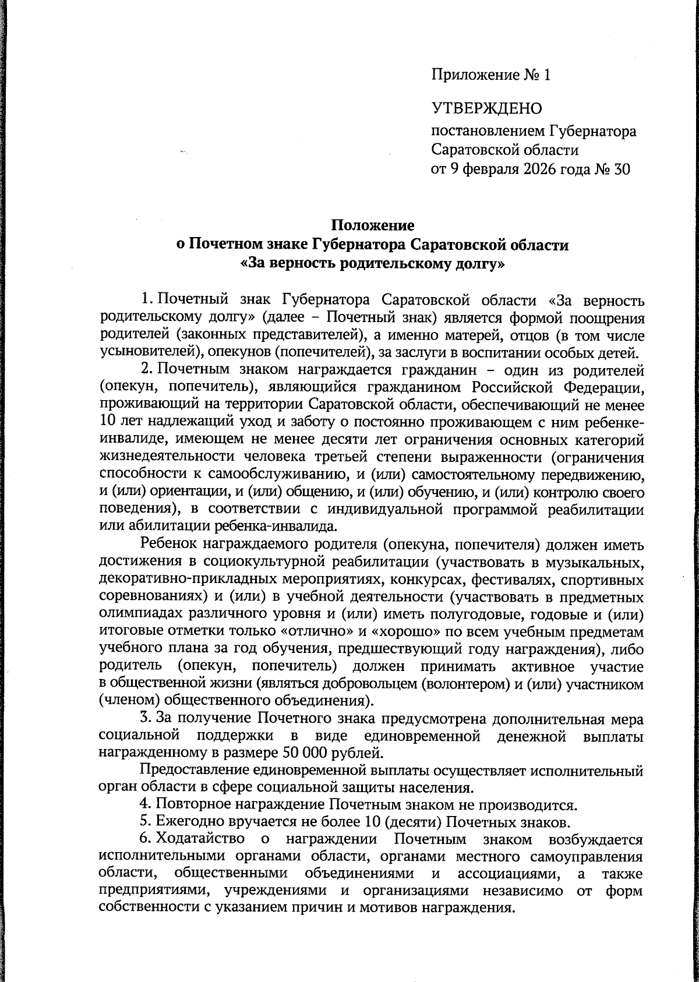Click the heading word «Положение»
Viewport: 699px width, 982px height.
pyautogui.click(x=373, y=225)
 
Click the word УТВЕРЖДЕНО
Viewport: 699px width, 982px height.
pyautogui.click(x=486, y=108)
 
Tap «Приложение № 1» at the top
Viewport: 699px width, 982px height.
pyautogui.click(x=490, y=75)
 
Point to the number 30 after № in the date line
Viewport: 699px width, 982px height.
pyautogui.click(x=622, y=169)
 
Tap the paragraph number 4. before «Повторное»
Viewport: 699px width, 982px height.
pyautogui.click(x=146, y=805)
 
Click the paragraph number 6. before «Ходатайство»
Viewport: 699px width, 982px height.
pyautogui.click(x=146, y=840)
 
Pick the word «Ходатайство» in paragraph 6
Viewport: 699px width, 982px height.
pyautogui.click(x=200, y=840)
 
